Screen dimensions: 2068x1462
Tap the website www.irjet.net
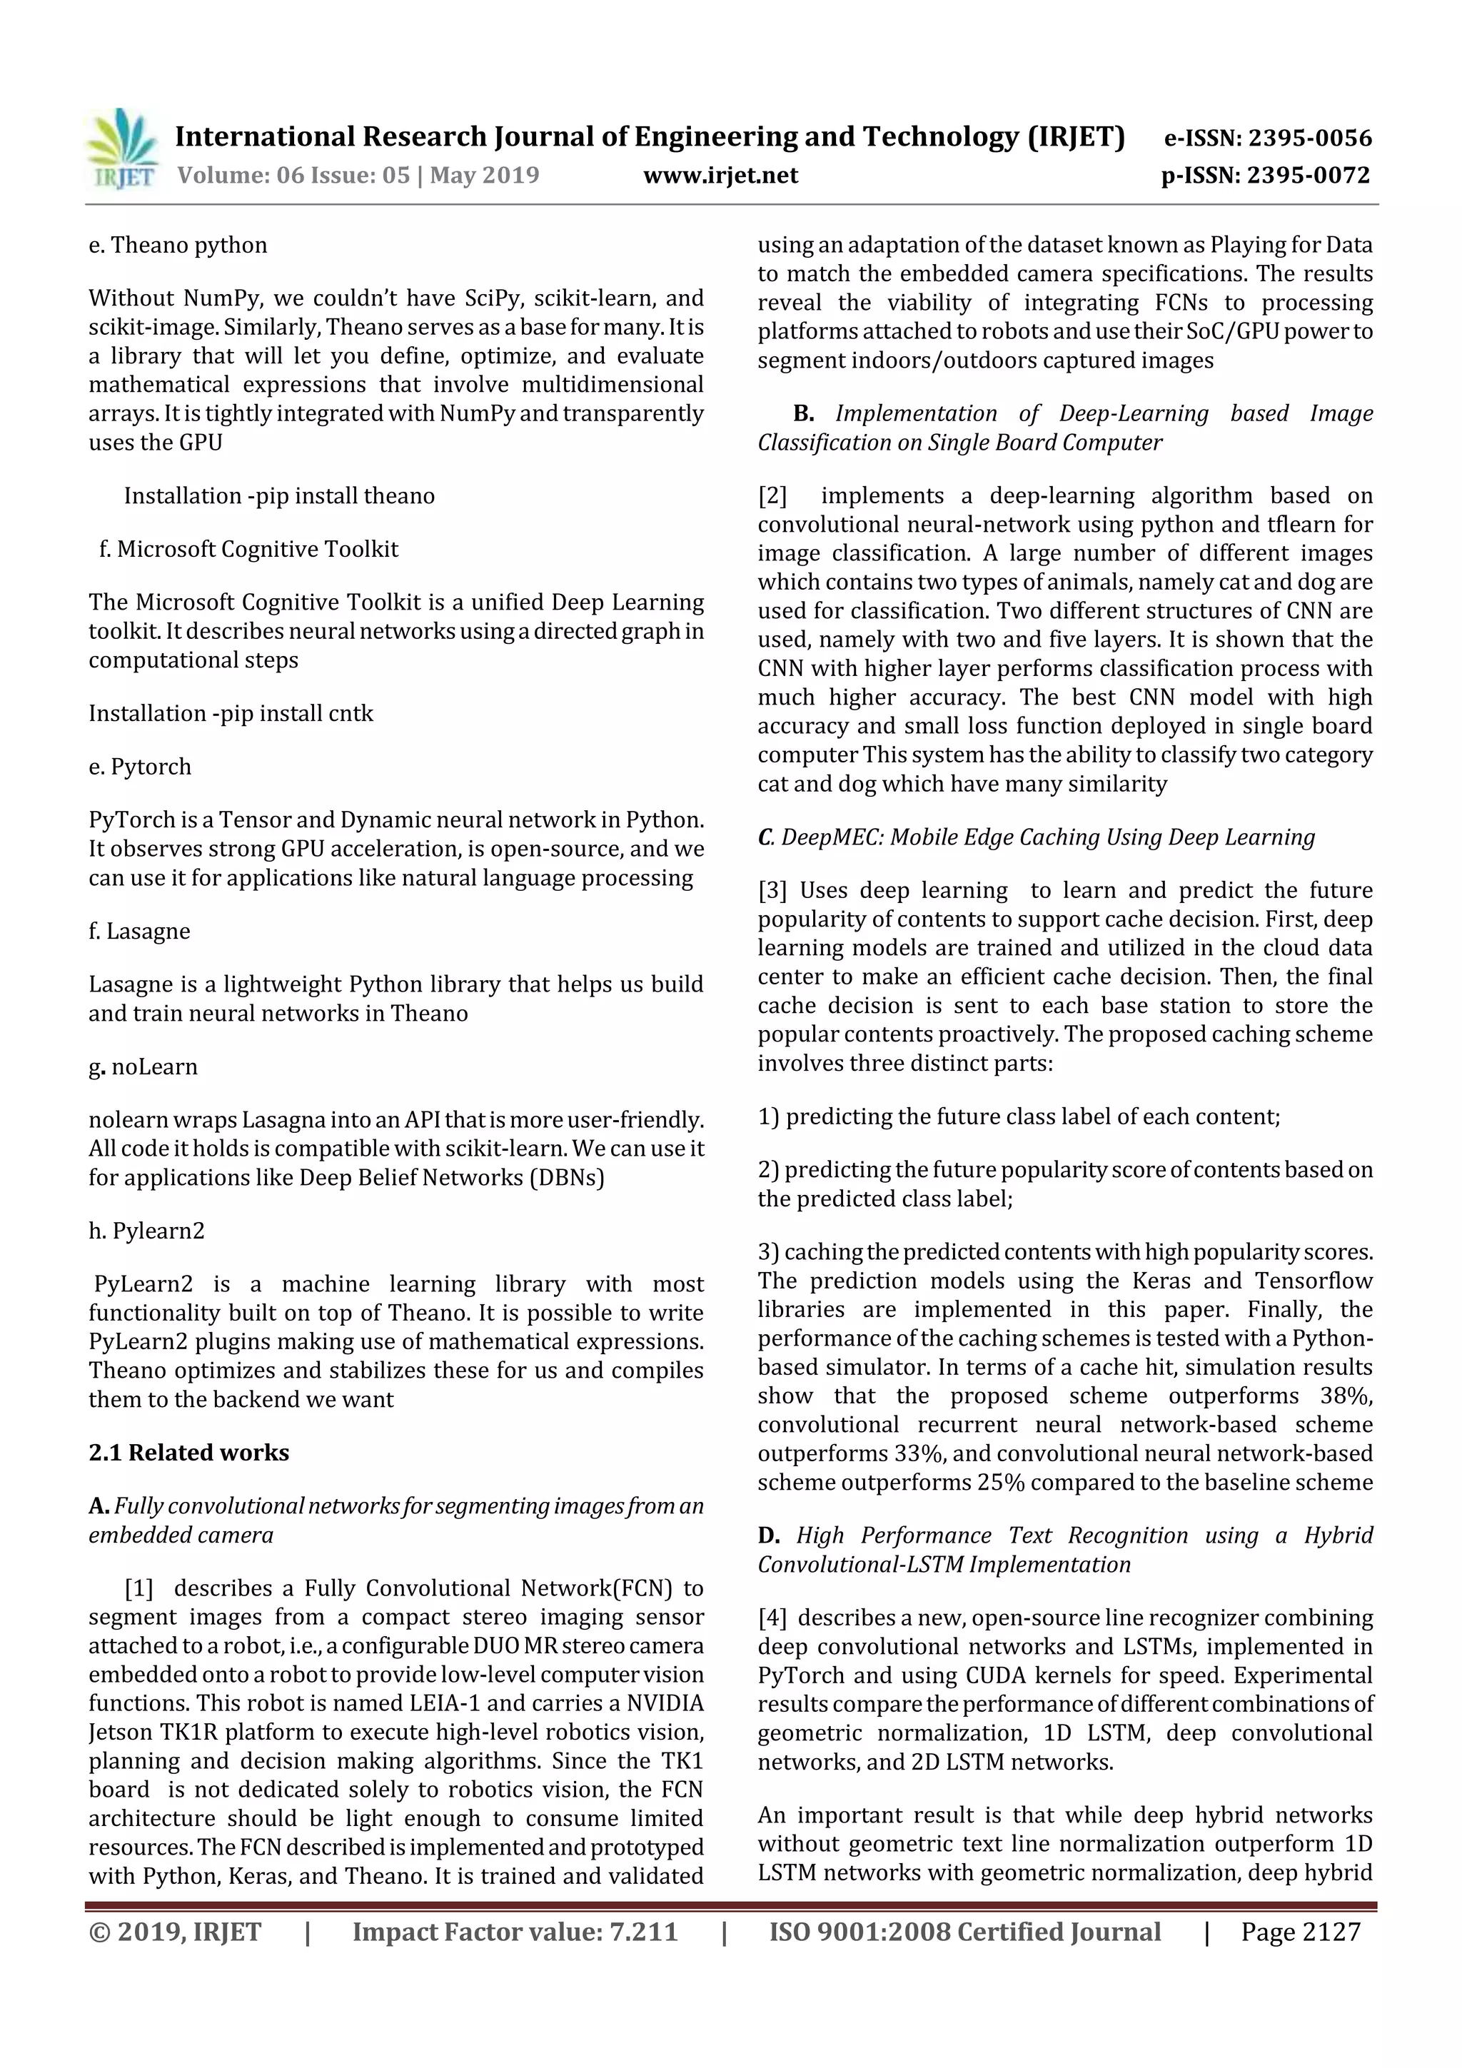click(x=720, y=175)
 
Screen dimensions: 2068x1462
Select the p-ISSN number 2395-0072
click(x=1309, y=175)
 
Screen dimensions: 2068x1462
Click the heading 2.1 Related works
click(x=188, y=1452)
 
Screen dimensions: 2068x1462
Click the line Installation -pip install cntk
click(x=231, y=712)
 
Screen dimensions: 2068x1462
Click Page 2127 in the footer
click(x=1300, y=1931)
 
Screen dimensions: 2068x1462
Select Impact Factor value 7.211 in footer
click(x=515, y=1931)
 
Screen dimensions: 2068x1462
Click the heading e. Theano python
click(x=178, y=245)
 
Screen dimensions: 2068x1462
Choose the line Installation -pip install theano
click(x=279, y=495)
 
